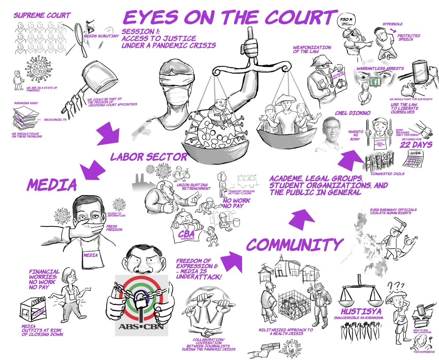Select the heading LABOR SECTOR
coord(149,157)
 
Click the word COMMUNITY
coord(295,245)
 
